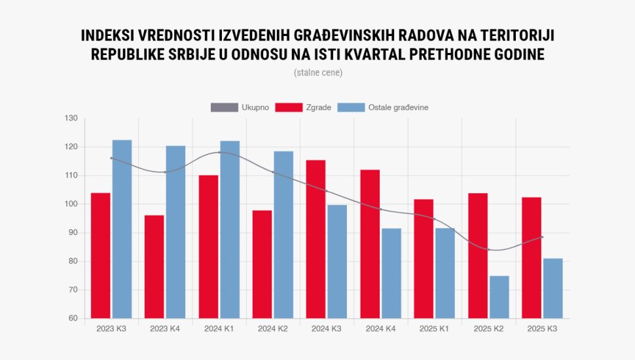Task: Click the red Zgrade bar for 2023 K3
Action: pos(101,255)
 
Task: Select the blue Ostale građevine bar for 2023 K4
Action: pos(175,232)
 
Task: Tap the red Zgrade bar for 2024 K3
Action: pos(316,239)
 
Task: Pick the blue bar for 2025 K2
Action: pos(499,297)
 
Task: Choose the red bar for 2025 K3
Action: pos(532,258)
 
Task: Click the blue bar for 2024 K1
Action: pos(230,229)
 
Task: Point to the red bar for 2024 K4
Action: pos(370,244)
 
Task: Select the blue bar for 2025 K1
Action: pos(445,273)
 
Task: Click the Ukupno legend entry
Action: pos(240,107)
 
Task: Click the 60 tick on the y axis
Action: pos(72,319)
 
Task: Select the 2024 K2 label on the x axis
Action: pos(273,328)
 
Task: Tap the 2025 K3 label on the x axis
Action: pos(542,328)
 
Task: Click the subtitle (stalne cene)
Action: pos(318,73)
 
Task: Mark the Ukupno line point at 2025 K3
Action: pos(543,237)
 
